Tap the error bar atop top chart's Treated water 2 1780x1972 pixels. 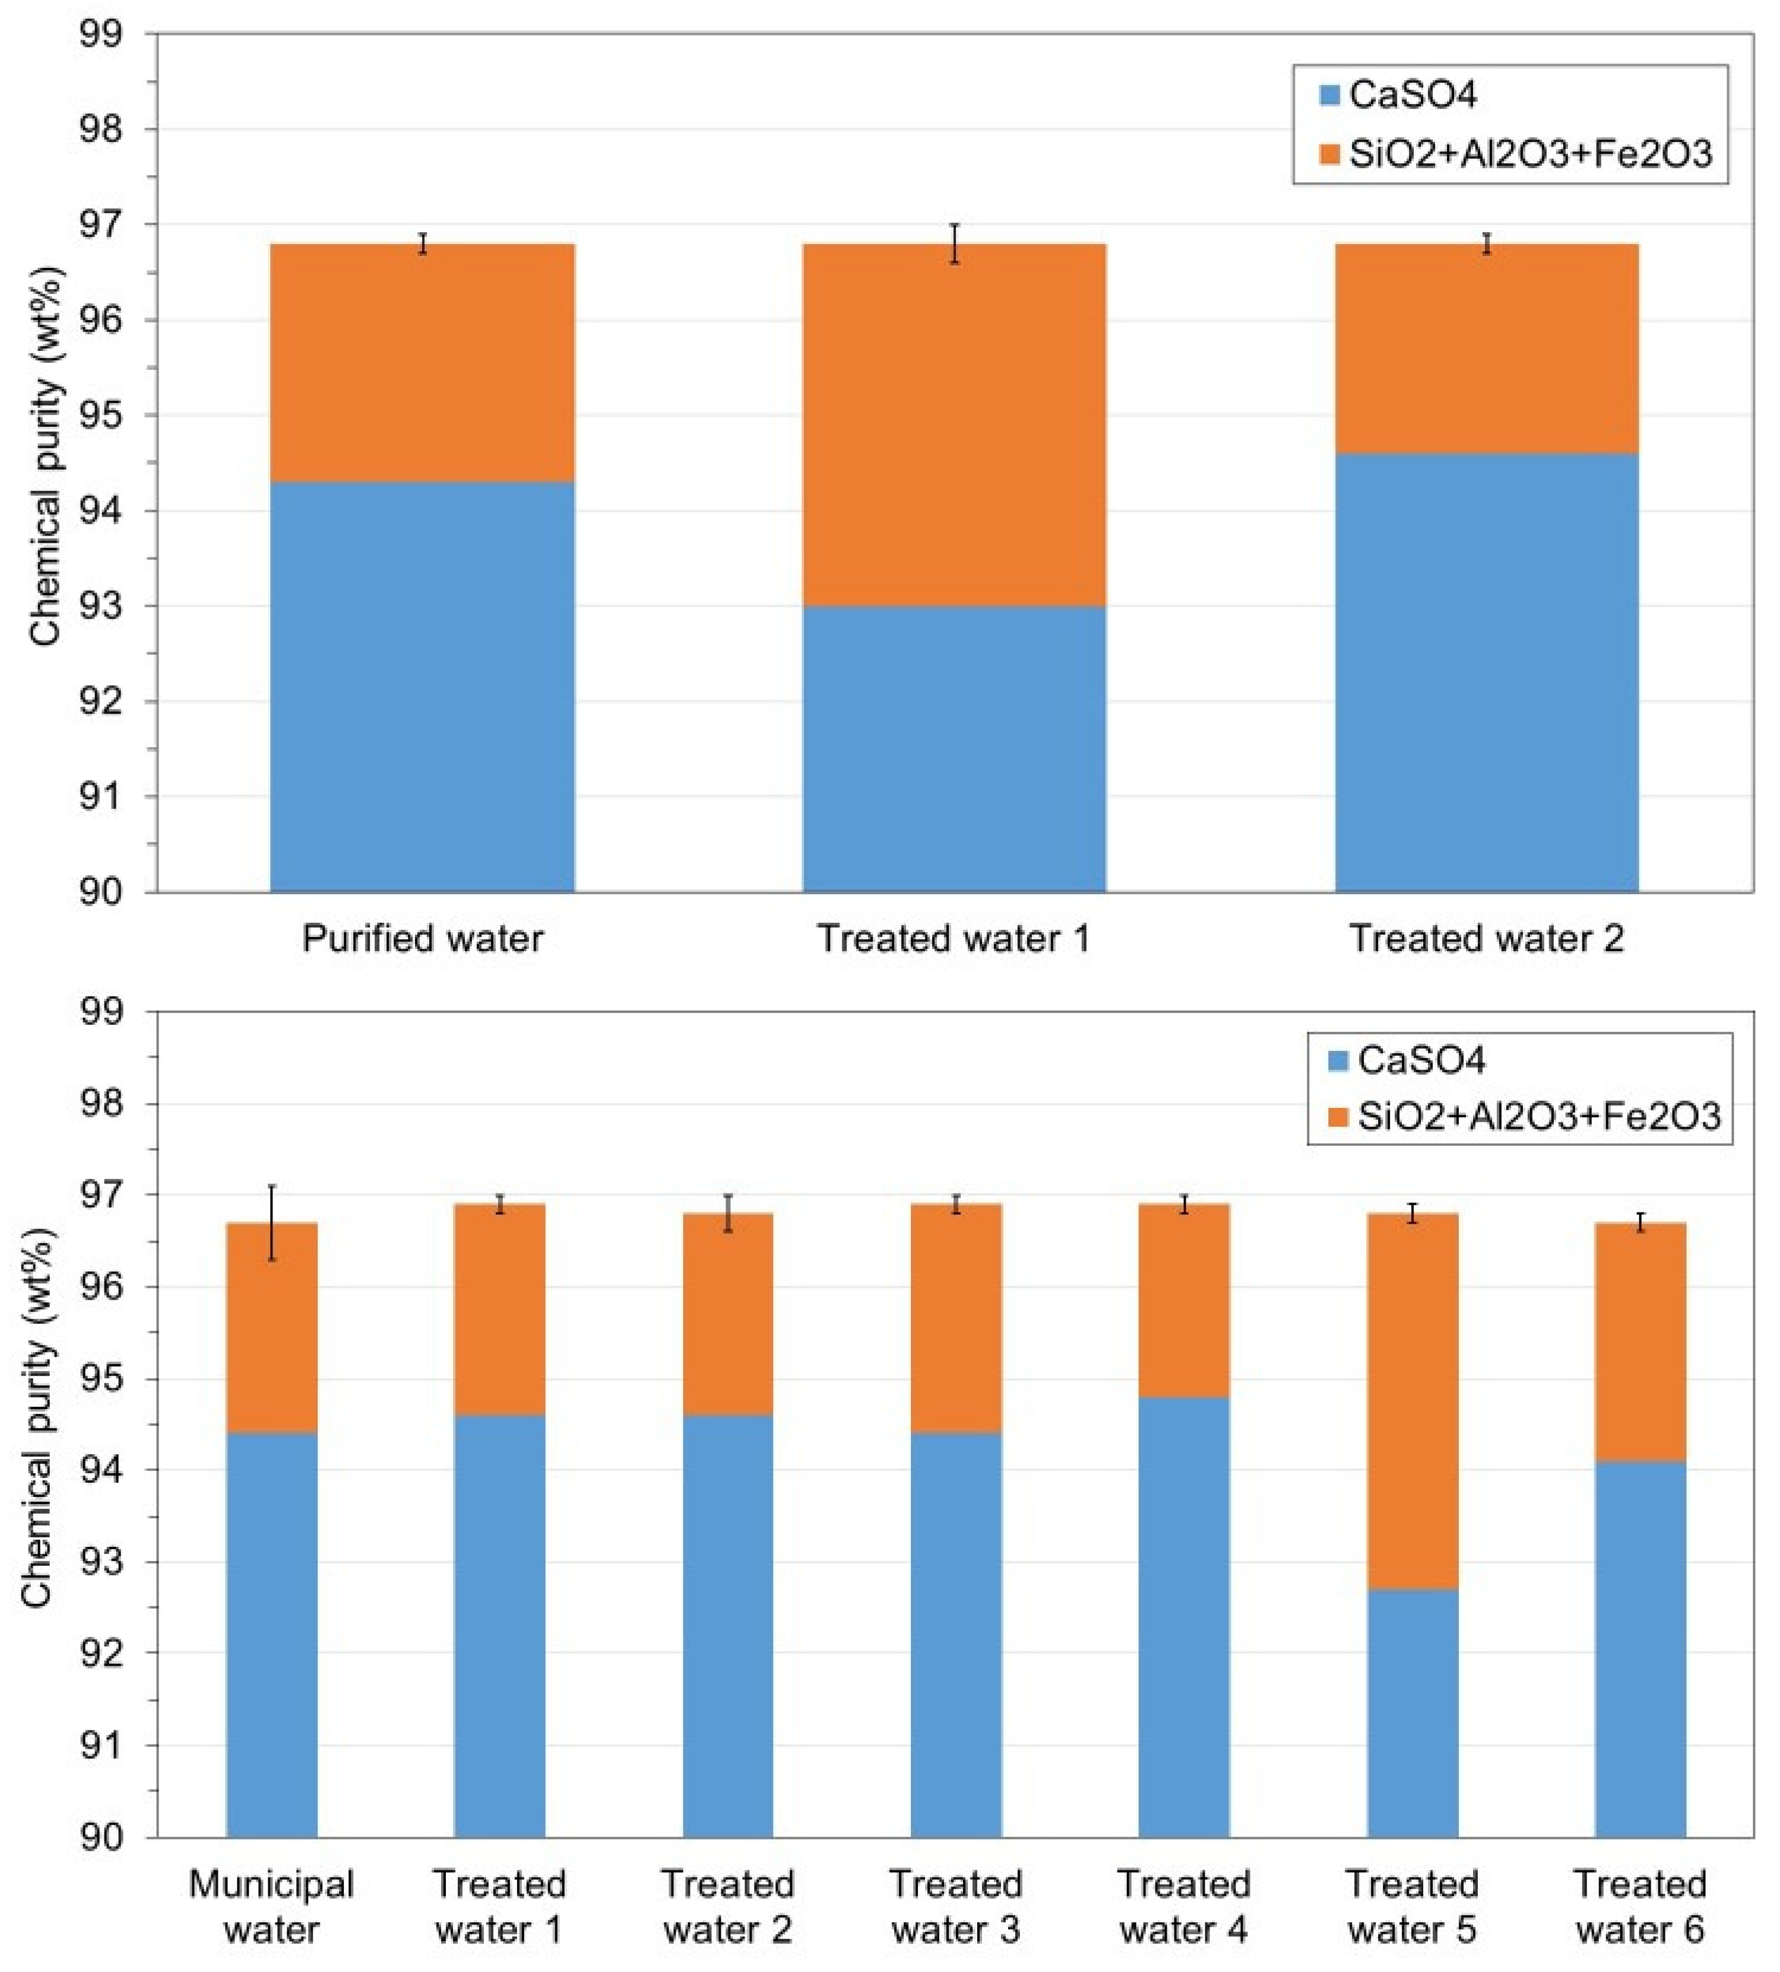[1487, 243]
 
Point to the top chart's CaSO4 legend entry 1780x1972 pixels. [1399, 95]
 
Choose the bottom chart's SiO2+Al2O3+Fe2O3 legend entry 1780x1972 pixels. [1526, 1116]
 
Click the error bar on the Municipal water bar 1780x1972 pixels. [272, 1223]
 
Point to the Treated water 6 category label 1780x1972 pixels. [1640, 1907]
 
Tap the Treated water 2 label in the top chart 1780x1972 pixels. [1487, 938]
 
